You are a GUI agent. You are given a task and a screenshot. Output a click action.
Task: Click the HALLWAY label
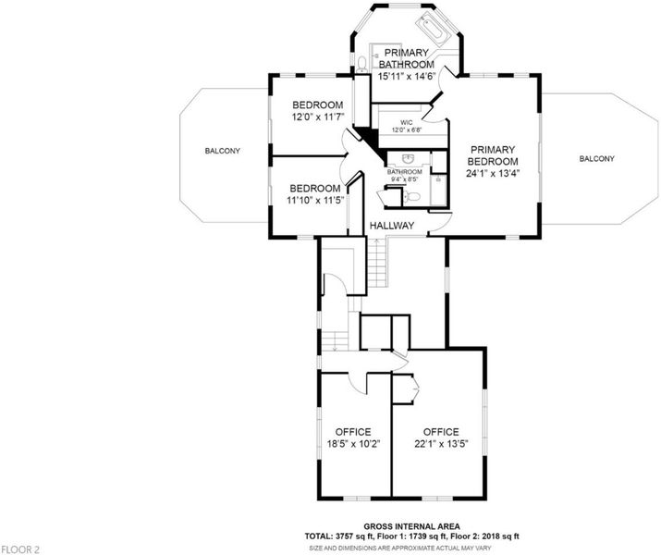392,226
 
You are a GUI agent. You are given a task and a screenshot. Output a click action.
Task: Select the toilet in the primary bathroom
361,65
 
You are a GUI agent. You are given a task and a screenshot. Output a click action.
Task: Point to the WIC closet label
407,122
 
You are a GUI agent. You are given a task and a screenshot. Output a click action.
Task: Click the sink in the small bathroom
407,158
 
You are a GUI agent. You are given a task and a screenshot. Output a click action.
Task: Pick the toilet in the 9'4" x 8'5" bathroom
411,196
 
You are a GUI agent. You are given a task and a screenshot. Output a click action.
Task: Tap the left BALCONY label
223,151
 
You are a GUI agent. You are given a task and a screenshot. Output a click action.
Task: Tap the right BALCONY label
596,158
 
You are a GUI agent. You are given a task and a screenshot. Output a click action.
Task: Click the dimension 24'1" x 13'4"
493,173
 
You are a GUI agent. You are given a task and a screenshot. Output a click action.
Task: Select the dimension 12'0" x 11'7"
318,117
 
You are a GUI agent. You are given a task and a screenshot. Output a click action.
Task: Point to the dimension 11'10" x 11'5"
316,201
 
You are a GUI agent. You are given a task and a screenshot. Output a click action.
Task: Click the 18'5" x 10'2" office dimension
353,444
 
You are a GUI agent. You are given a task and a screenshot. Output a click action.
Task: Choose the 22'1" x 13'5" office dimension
441,444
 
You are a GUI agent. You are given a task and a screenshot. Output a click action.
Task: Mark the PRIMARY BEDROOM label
493,155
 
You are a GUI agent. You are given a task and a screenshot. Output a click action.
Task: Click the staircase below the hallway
377,263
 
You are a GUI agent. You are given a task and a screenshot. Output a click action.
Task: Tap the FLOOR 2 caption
20,549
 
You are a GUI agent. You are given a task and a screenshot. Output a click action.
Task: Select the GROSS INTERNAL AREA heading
412,526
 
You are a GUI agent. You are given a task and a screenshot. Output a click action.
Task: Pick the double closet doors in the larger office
415,386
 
